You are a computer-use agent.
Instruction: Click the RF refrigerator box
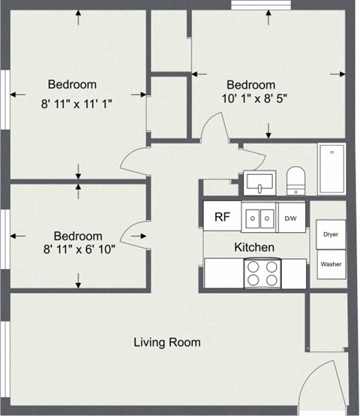(221, 218)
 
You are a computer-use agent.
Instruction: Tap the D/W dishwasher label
(290, 219)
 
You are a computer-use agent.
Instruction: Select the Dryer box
(330, 234)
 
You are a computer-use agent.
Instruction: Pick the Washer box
(330, 264)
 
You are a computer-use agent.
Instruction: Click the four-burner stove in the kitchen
(262, 273)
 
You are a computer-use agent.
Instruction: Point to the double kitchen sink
(259, 219)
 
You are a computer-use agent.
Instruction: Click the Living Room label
(167, 342)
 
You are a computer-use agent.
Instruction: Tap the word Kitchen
(254, 247)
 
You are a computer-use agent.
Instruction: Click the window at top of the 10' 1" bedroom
(260, 5)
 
